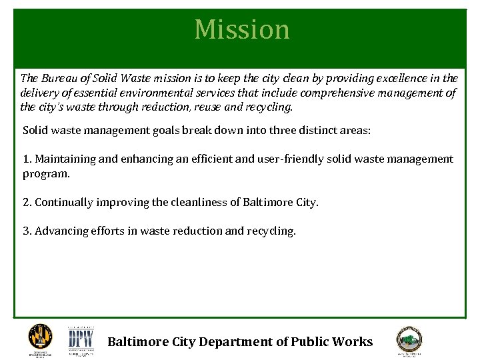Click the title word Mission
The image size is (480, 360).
(x=242, y=30)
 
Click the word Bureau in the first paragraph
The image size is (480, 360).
(x=58, y=79)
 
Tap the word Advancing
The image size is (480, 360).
(x=62, y=231)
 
